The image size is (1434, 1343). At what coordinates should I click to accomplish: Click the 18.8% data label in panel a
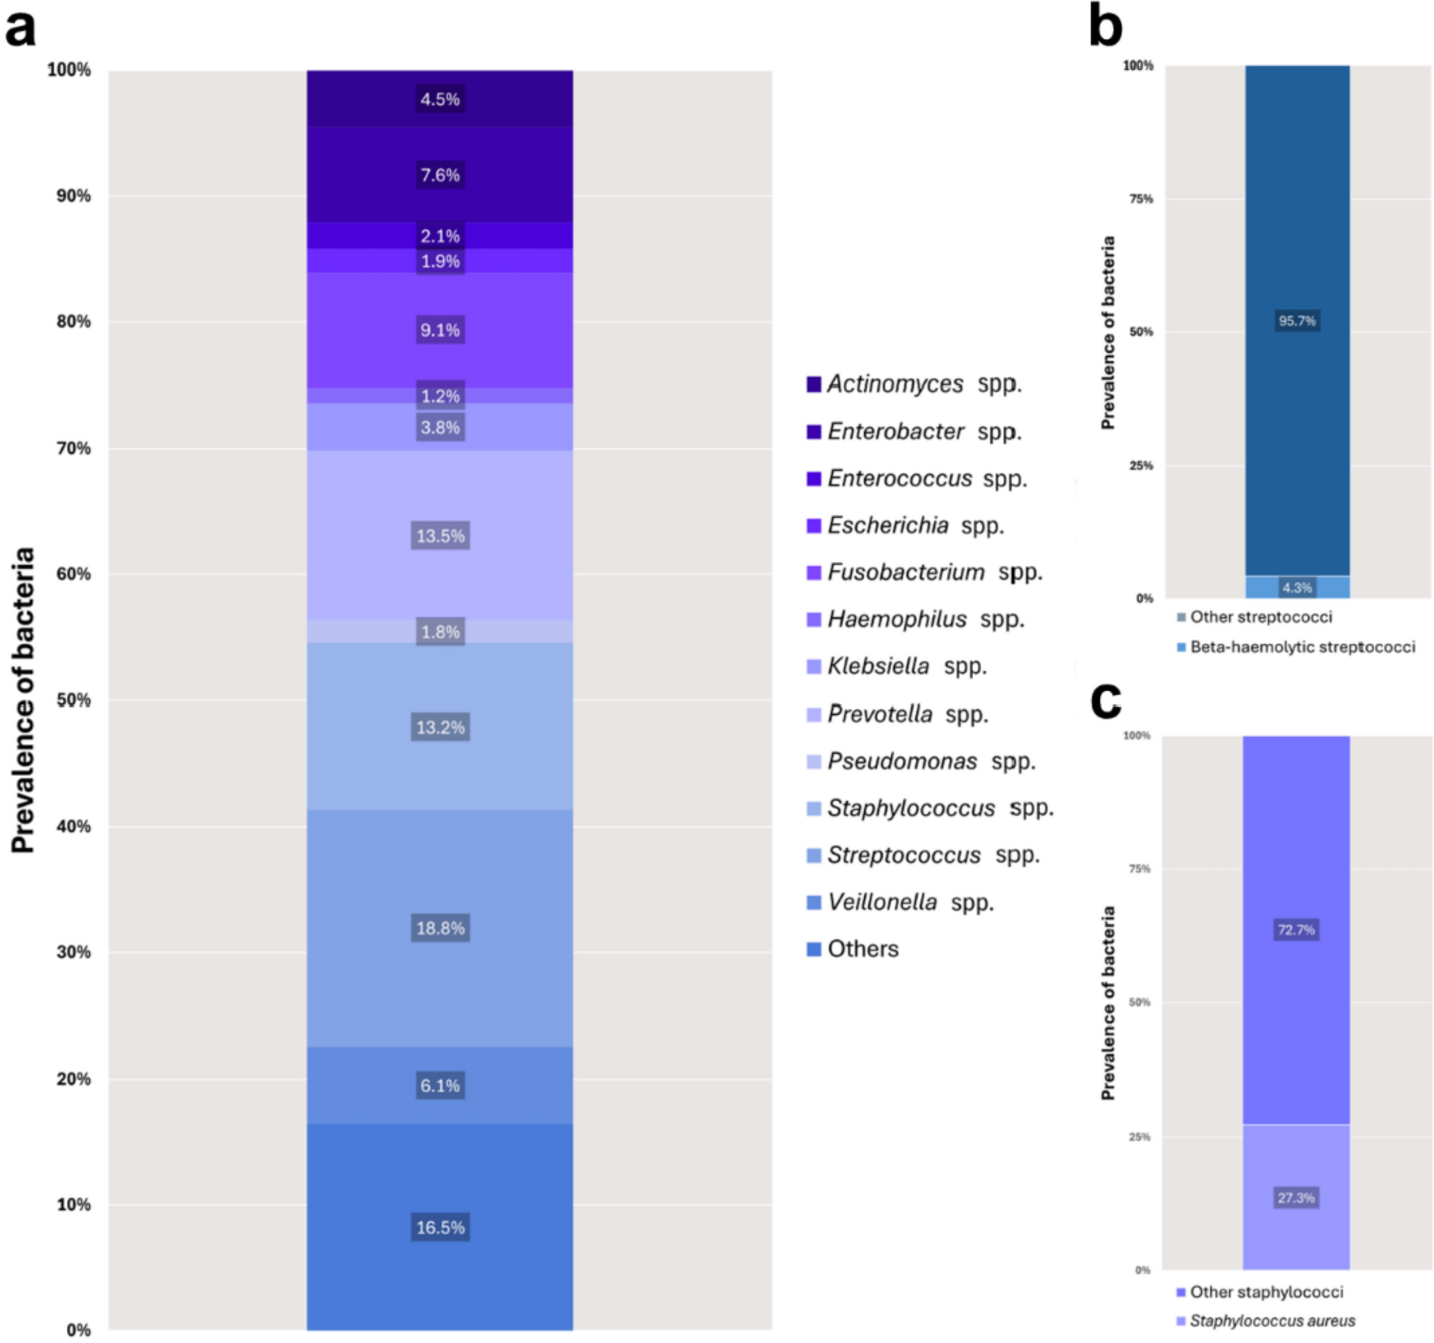click(440, 928)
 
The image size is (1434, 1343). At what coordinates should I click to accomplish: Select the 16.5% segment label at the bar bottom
click(440, 1227)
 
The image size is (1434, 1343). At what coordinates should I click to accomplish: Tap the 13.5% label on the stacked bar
click(440, 535)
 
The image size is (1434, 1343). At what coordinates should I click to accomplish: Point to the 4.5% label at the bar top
click(440, 99)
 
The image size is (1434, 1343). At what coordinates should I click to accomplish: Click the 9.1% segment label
click(440, 330)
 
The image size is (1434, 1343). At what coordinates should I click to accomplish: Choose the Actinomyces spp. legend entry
click(915, 384)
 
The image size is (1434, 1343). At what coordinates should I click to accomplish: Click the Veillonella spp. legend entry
click(901, 902)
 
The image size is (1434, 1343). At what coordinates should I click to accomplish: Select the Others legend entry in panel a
click(853, 949)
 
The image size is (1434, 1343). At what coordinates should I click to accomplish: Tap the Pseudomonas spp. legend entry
click(921, 761)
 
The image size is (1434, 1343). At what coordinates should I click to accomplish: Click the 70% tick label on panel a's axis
click(73, 448)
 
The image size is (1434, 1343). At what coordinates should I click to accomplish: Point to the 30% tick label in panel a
click(73, 952)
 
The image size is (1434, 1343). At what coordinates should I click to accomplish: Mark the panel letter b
click(1105, 26)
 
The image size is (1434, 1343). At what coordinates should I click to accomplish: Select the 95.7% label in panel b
click(1296, 320)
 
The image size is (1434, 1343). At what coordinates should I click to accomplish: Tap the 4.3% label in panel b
click(1296, 587)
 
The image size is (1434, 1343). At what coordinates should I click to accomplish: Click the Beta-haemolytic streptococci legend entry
click(1296, 647)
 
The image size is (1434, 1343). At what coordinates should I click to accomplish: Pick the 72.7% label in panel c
click(1296, 930)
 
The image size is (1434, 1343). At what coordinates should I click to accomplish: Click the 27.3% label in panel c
click(1296, 1197)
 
